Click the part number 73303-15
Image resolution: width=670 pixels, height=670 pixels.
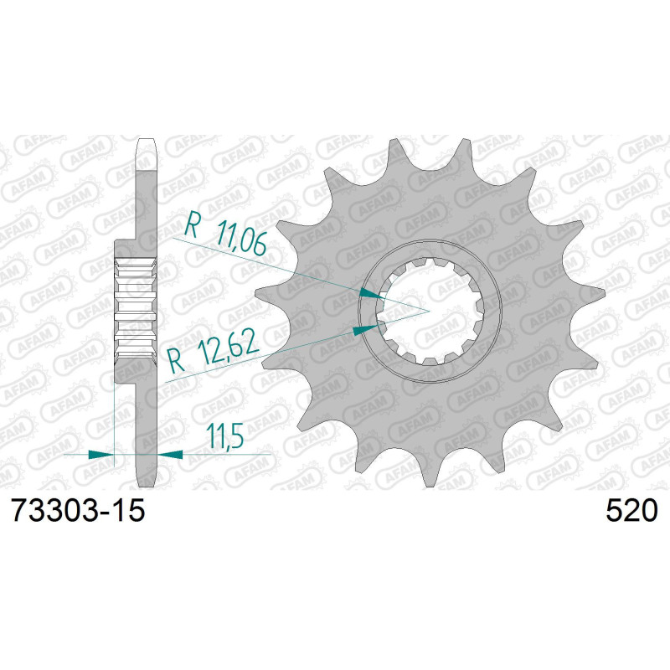coord(77,509)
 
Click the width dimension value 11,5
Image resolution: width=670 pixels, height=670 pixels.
coord(217,435)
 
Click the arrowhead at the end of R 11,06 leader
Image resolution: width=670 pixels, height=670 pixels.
coord(368,293)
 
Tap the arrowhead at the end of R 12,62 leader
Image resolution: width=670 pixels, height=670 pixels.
coord(362,330)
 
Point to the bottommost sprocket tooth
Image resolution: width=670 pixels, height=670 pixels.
coord(428,477)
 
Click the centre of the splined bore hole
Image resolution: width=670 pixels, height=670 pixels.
coord(429,311)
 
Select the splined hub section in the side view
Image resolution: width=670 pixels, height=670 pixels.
coord(135,310)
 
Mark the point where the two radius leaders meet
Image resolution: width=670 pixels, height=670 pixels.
coord(429,311)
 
